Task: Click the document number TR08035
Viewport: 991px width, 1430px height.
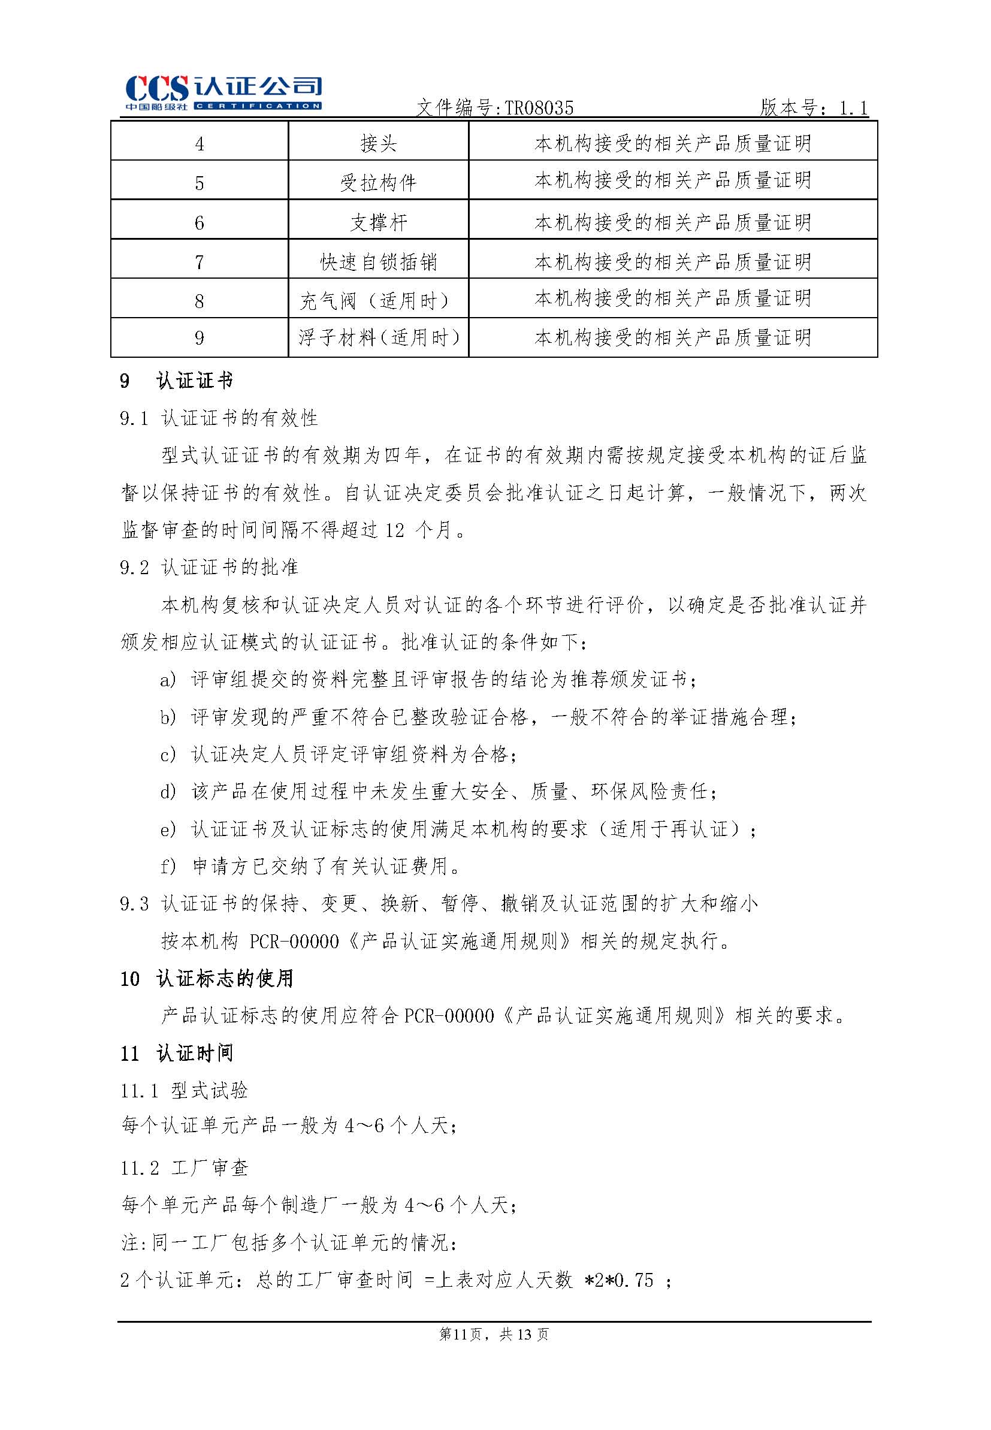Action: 539,108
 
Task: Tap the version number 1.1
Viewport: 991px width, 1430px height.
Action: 853,108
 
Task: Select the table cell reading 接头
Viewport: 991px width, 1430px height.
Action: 378,143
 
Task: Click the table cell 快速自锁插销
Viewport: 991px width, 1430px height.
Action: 378,262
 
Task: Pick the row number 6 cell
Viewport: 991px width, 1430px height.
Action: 200,222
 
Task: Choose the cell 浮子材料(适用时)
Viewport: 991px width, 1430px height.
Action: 378,338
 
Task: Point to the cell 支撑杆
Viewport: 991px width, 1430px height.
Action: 378,222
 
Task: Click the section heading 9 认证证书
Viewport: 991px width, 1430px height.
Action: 176,381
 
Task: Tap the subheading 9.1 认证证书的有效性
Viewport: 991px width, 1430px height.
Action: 219,418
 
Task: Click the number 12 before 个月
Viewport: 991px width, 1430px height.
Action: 394,530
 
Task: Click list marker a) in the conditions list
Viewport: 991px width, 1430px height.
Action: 168,680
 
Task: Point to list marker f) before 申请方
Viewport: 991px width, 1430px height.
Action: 168,866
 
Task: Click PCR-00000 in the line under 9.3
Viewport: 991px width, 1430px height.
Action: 294,942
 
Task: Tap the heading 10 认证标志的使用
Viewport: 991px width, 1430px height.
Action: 206,979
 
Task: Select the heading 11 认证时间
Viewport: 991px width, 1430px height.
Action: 176,1053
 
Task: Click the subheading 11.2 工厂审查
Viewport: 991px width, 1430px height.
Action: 185,1168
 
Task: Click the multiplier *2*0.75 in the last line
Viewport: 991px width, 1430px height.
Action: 618,1280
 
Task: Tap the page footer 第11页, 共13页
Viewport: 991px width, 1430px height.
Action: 494,1334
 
